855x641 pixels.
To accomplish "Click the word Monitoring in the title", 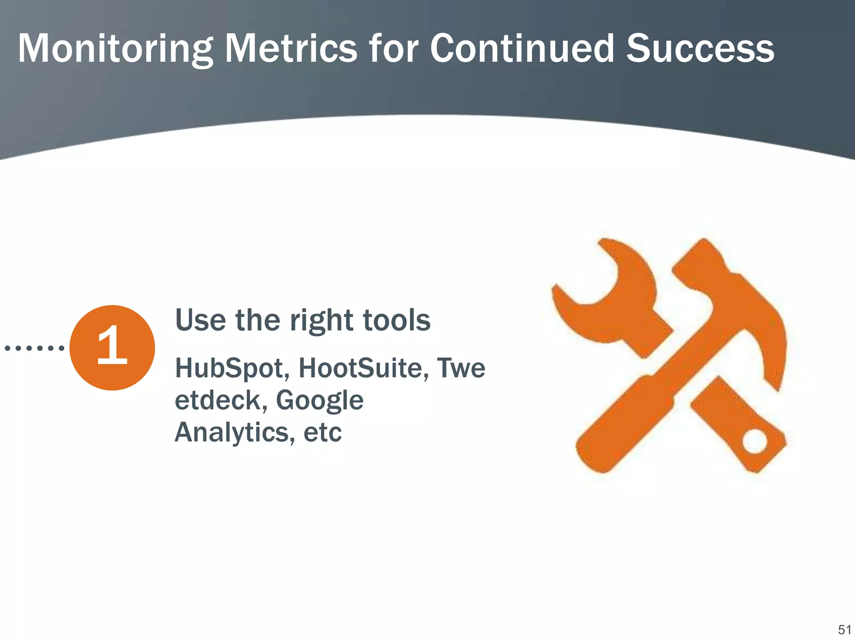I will coord(115,49).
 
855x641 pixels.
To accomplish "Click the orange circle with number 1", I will coord(112,348).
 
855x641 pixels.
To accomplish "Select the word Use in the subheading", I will coord(200,320).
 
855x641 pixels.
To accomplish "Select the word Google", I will coord(319,401).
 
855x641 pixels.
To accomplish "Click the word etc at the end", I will coord(322,433).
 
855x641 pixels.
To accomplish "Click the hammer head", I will coord(735,300).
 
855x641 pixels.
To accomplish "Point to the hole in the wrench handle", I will coord(755,441).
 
